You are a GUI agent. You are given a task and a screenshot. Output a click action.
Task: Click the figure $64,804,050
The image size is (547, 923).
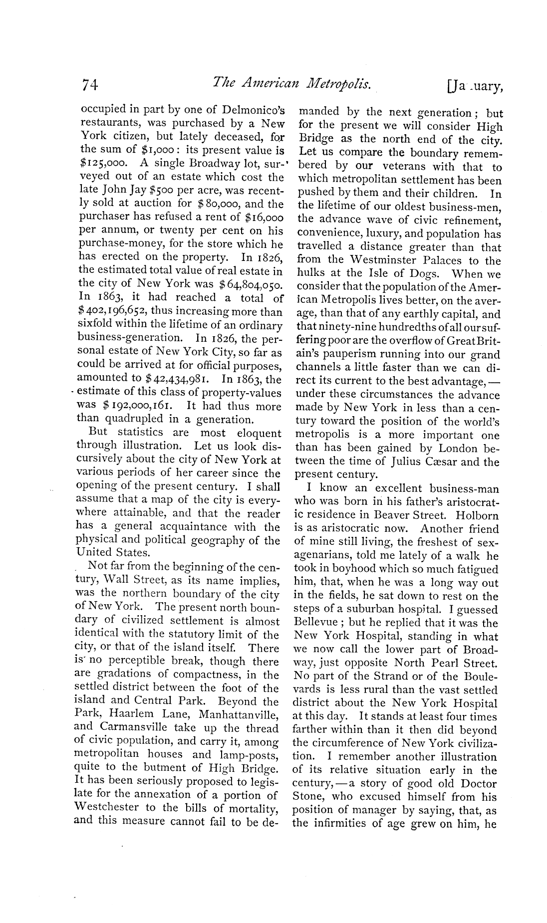click(x=252, y=283)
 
